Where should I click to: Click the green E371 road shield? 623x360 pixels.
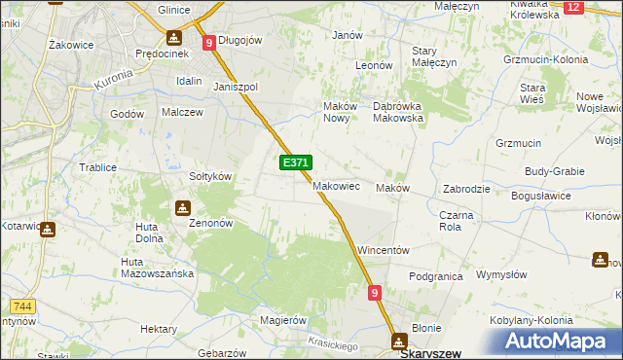point(296,163)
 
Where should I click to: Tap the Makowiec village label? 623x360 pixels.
point(337,186)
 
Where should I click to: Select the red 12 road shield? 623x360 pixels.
point(572,7)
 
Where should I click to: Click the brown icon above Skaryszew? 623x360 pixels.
point(399,341)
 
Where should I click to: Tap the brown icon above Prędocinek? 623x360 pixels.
point(174,38)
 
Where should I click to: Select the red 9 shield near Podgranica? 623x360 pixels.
point(375,292)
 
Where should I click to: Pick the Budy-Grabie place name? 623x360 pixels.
point(554,171)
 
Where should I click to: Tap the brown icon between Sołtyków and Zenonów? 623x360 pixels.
point(182,208)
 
